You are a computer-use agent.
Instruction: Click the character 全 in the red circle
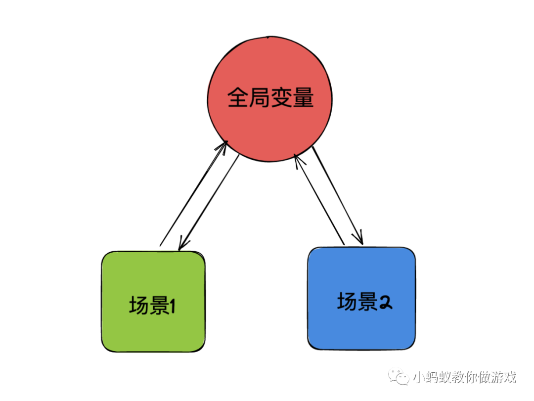(x=238, y=98)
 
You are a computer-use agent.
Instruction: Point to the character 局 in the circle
(x=260, y=98)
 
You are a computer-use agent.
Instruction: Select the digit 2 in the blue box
(x=386, y=302)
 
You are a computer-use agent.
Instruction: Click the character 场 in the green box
(x=139, y=306)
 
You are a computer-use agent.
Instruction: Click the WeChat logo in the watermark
(x=399, y=377)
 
